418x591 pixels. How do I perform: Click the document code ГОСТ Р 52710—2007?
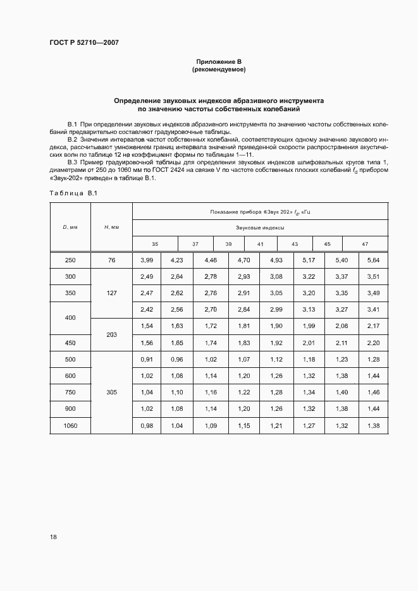click(84, 43)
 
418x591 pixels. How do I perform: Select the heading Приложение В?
click(219, 61)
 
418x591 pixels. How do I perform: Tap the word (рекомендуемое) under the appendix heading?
click(219, 69)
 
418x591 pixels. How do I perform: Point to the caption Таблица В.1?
click(72, 193)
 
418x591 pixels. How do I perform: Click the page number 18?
click(53, 537)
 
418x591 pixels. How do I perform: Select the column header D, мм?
click(70, 227)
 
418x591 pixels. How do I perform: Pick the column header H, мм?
click(111, 227)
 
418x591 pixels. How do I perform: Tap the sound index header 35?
click(155, 244)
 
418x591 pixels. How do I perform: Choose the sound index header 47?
click(365, 244)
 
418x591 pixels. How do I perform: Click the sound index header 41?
click(260, 244)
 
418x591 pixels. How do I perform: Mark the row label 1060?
click(70, 425)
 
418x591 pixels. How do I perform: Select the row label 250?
click(70, 260)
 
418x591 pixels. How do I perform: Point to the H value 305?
click(111, 392)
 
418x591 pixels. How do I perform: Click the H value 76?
click(111, 260)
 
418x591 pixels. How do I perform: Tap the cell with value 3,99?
click(147, 260)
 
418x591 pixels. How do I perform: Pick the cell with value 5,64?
click(373, 260)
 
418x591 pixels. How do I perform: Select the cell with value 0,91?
click(147, 359)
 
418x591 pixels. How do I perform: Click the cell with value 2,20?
click(373, 343)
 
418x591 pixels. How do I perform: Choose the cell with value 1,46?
click(373, 392)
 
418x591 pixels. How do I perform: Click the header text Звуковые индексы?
click(260, 227)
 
